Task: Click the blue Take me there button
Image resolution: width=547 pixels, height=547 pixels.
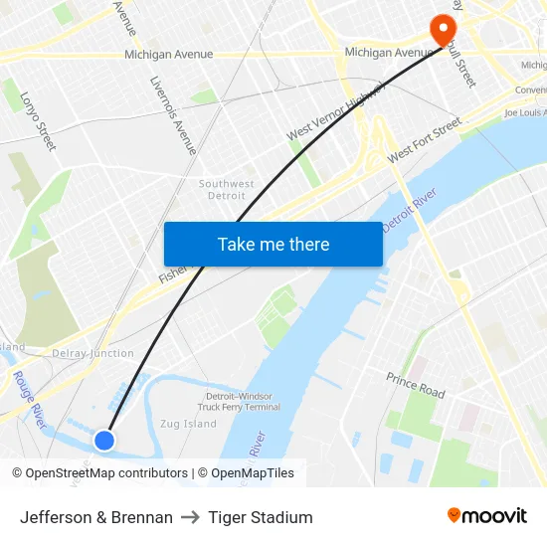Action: click(x=273, y=244)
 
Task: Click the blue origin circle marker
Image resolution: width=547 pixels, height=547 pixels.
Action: click(x=104, y=440)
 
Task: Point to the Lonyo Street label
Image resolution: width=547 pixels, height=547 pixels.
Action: click(x=38, y=121)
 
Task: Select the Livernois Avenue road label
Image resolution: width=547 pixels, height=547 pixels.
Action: click(x=173, y=115)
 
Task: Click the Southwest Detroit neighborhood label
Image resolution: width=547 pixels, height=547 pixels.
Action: click(x=227, y=190)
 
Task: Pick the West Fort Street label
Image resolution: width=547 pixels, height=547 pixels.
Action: click(x=425, y=140)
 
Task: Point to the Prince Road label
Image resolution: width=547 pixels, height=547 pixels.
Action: click(x=416, y=385)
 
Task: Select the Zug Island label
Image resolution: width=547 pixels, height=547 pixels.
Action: click(x=187, y=424)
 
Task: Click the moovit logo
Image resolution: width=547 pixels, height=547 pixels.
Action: click(x=486, y=515)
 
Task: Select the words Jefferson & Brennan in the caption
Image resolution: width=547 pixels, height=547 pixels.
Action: click(x=96, y=517)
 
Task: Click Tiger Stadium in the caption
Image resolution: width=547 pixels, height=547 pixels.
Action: click(x=261, y=517)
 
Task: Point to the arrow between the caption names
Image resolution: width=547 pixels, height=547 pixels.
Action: click(x=190, y=517)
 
